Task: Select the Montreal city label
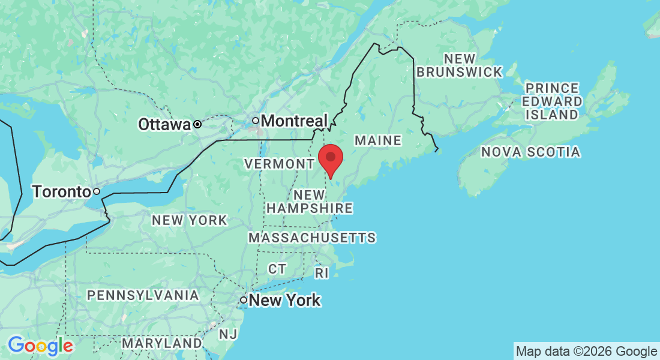tap(295, 121)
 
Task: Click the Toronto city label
tap(61, 192)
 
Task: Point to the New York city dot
tap(244, 299)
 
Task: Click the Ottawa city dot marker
tap(197, 125)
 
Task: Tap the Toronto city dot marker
tap(96, 192)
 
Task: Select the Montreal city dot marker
tap(255, 121)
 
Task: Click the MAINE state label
tap(377, 140)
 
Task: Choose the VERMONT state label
tap(278, 164)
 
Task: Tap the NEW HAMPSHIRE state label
tap(309, 202)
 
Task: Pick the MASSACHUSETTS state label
tap(312, 238)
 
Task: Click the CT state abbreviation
tap(277, 269)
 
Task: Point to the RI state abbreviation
tap(322, 273)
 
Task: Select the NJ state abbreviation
tap(227, 334)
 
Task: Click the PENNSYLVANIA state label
tap(143, 295)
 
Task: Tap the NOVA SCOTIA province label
tap(530, 152)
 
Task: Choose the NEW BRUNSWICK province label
tap(460, 65)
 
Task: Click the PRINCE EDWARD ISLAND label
tap(551, 101)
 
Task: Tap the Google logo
tap(40, 346)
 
